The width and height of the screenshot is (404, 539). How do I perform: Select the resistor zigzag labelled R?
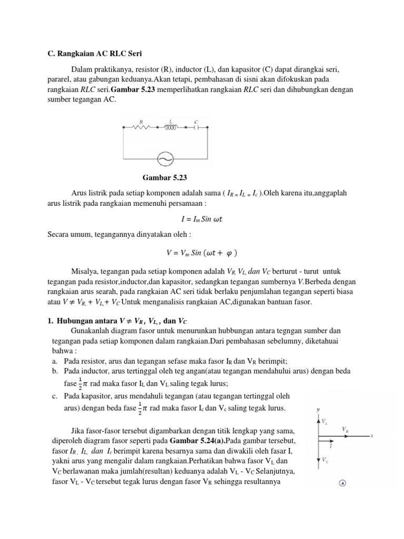[142, 127]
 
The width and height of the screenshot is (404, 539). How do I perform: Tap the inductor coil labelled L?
[170, 127]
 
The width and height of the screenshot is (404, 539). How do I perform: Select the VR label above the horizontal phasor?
[345, 430]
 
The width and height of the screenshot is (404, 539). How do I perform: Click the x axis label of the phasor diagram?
[371, 436]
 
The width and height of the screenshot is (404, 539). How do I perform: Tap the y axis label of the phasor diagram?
[317, 409]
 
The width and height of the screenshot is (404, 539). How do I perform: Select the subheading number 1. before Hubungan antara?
[44, 320]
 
